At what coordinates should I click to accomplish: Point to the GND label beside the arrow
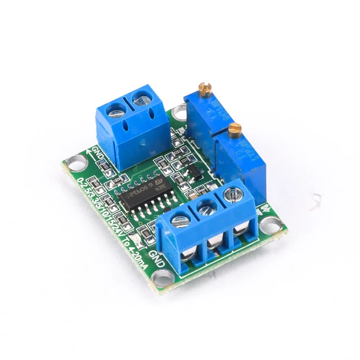(x=96, y=153)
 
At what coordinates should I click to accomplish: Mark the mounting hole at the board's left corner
(x=73, y=161)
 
